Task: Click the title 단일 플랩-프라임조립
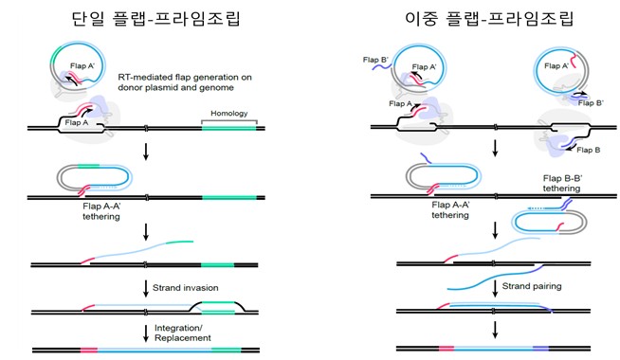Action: click(155, 18)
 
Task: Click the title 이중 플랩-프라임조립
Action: click(489, 18)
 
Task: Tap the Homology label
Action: click(228, 114)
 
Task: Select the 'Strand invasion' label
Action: click(186, 288)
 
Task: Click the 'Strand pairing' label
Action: click(532, 286)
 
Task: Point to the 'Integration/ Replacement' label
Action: click(183, 333)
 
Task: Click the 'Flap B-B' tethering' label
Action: click(562, 184)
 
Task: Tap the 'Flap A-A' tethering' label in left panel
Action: click(101, 211)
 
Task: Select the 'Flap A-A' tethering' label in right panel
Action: click(450, 209)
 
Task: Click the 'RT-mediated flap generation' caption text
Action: click(185, 82)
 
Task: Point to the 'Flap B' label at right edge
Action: click(589, 150)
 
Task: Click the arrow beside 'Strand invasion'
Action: click(146, 289)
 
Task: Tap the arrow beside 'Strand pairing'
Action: click(495, 289)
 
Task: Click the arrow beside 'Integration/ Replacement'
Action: click(146, 333)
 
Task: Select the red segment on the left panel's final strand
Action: click(89, 351)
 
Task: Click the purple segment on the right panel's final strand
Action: click(540, 349)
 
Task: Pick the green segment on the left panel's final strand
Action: click(227, 351)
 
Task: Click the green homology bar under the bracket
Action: click(228, 128)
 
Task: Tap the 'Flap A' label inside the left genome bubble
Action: click(77, 122)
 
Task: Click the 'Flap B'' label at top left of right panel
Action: click(375, 60)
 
